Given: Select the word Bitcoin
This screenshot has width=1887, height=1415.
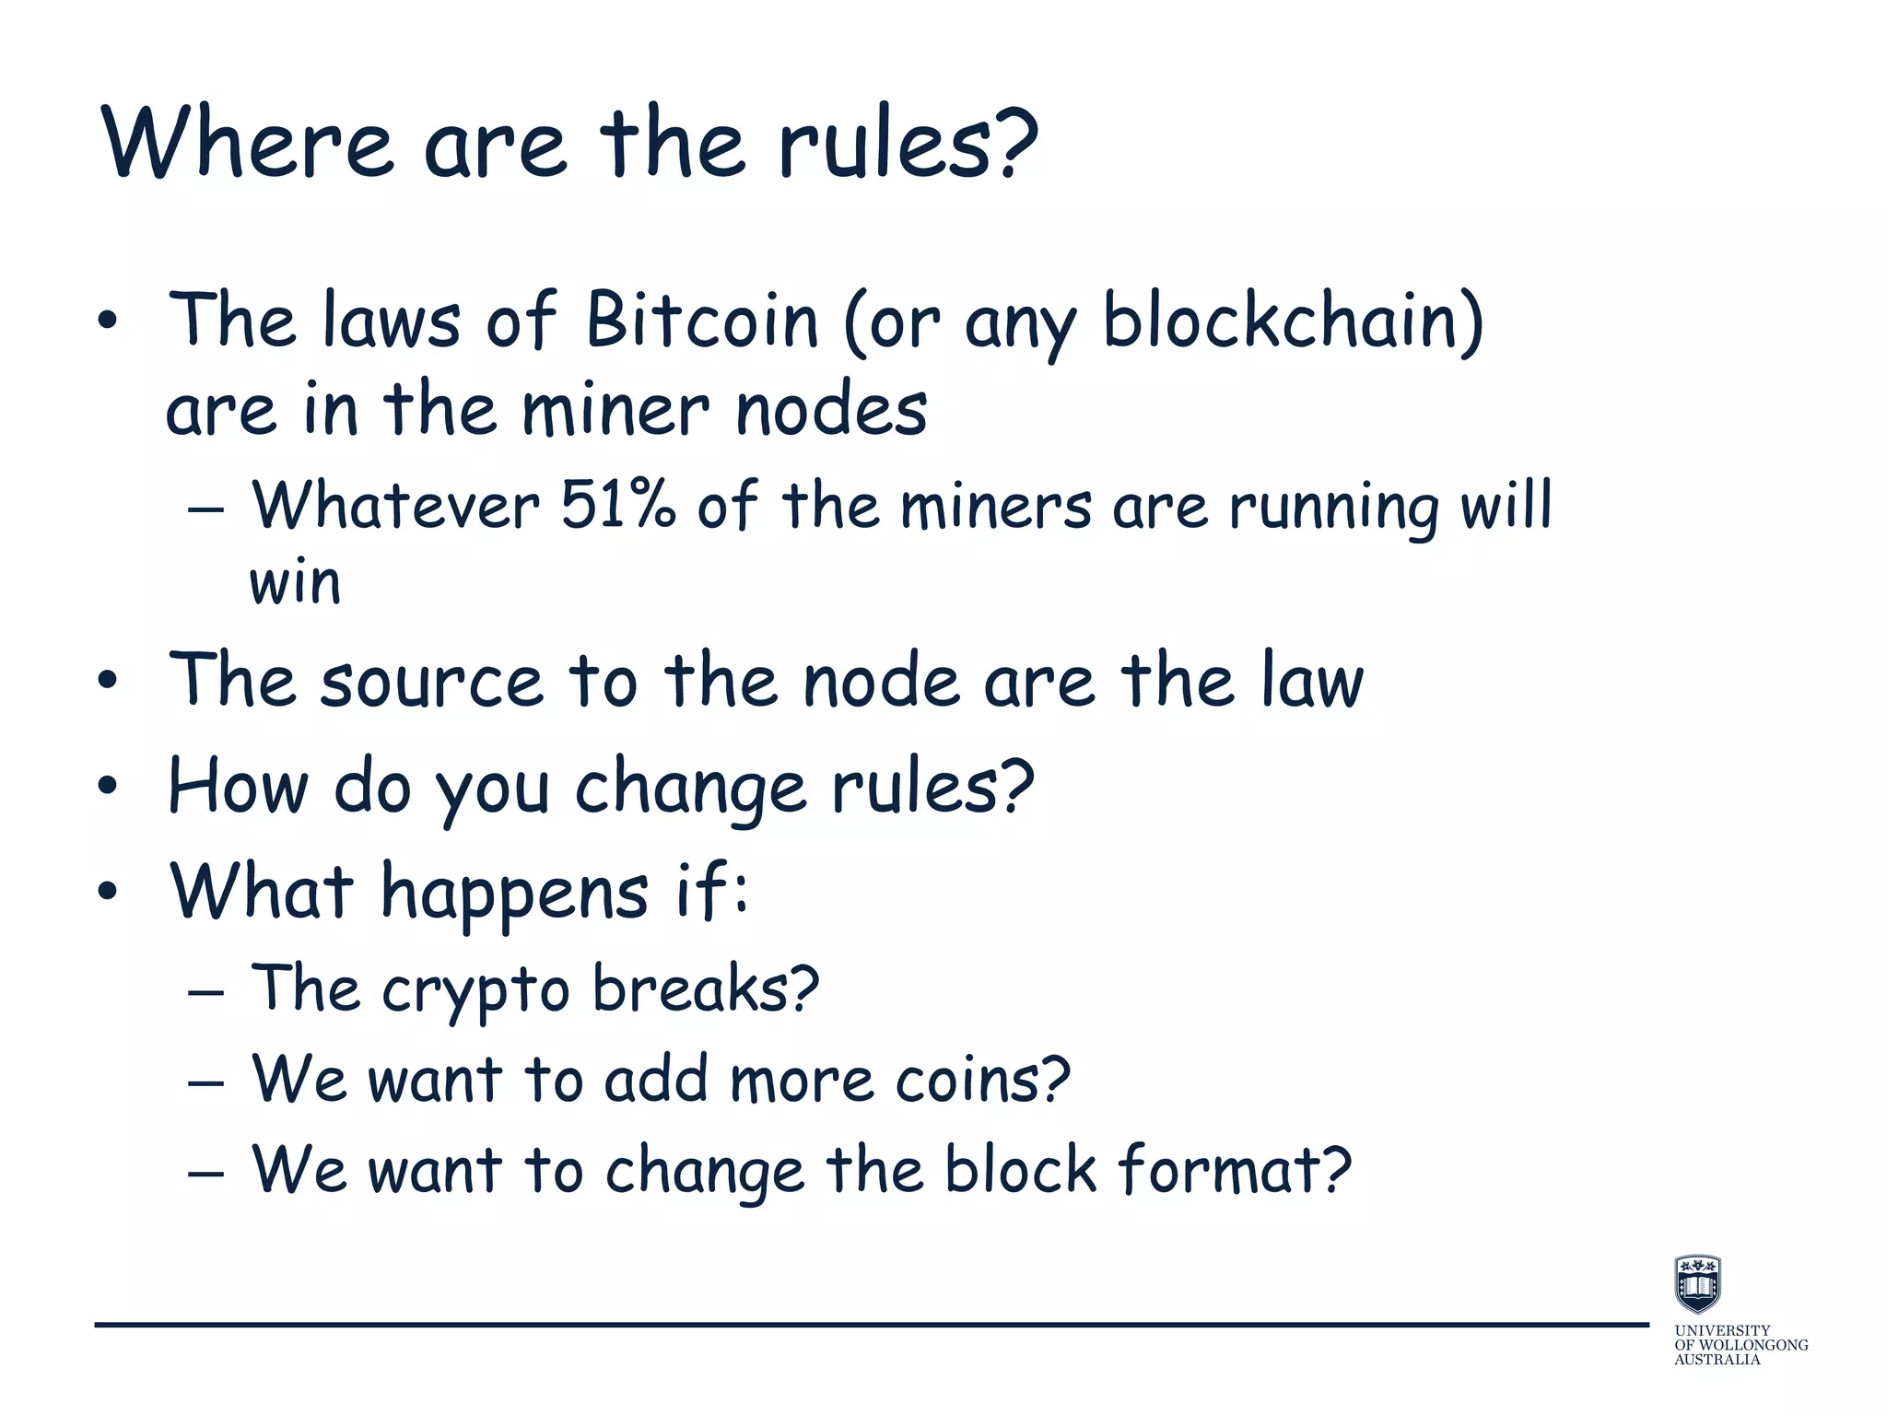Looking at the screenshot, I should coord(701,320).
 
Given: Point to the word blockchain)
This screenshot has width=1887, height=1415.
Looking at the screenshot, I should coord(1293,320).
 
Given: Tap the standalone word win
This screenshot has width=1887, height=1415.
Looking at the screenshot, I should coord(295,582).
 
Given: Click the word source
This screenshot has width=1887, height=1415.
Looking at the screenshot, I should coord(431,682).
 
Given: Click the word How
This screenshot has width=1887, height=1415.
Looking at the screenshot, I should coord(238,788).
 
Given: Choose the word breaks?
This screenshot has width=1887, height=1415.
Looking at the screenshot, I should coord(705,989).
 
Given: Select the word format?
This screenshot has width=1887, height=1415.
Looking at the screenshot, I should coord(1235,1170).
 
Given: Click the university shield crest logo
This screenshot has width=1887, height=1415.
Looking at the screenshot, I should coord(1697,1283).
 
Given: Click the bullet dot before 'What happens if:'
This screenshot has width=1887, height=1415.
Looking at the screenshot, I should coord(108,891).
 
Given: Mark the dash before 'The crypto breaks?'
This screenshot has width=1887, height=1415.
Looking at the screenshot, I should coord(205,993).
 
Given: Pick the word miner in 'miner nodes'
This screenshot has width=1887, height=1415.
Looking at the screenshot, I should coord(615,410).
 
